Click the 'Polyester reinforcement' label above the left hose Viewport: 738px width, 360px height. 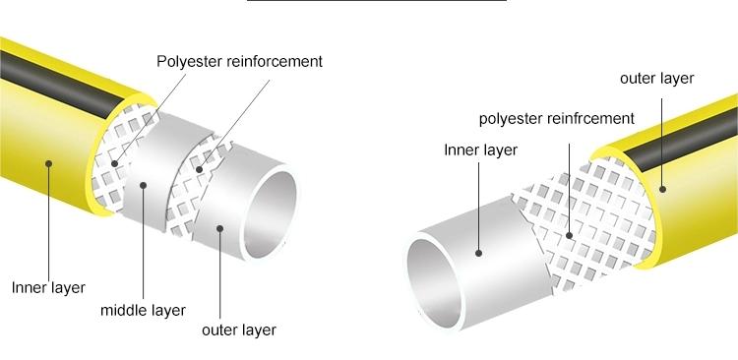point(240,61)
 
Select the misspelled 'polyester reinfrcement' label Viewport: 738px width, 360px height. point(556,119)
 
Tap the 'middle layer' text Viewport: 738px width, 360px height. point(143,311)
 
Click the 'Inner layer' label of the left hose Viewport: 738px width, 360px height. point(48,288)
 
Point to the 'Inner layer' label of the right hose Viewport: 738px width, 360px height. point(480,150)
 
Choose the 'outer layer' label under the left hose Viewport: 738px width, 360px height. point(238,330)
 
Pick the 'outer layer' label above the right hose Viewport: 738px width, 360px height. point(656,78)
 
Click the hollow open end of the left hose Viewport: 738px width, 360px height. point(271,208)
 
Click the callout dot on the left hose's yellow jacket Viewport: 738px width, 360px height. point(45,164)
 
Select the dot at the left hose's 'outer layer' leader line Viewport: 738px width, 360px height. point(220,229)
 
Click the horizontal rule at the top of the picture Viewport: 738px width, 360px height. point(376,2)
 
